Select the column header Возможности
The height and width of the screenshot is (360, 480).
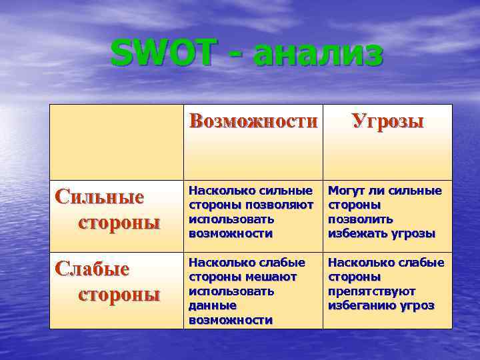point(253,122)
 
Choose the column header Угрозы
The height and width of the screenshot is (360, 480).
point(387,122)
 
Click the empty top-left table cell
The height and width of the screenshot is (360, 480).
point(117,142)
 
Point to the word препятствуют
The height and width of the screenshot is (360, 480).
point(372,291)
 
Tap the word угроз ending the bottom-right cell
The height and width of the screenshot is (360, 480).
point(417,305)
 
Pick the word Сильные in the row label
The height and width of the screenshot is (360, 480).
point(100,197)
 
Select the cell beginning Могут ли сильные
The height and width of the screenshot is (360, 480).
point(387,213)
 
